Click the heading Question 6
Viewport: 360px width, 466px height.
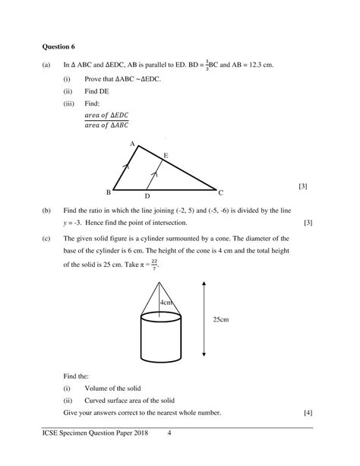pyautogui.click(x=61, y=45)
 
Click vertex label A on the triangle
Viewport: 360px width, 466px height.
pyautogui.click(x=132, y=143)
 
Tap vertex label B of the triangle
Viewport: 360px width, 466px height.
pyautogui.click(x=109, y=192)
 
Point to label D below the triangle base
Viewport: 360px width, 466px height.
pyautogui.click(x=147, y=196)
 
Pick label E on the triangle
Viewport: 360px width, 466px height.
pyautogui.click(x=166, y=155)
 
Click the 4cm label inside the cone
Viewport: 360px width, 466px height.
pyautogui.click(x=166, y=302)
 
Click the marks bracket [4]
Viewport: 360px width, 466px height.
pyautogui.click(x=308, y=412)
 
